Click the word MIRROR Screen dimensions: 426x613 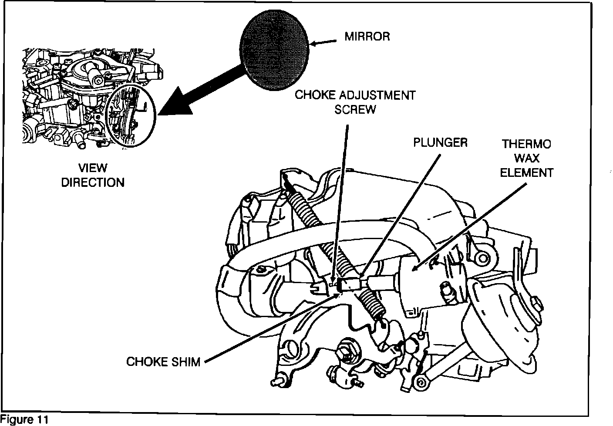tap(367, 37)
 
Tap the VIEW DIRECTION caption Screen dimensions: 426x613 tap(93, 175)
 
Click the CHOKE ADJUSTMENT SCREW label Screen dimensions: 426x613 tap(355, 102)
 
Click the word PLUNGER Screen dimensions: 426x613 tap(440, 142)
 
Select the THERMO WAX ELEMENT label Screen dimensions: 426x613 tap(526, 158)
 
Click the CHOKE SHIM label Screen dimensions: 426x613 tap(163, 362)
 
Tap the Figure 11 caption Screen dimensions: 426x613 tap(25, 420)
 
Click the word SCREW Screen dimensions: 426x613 tap(355, 109)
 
